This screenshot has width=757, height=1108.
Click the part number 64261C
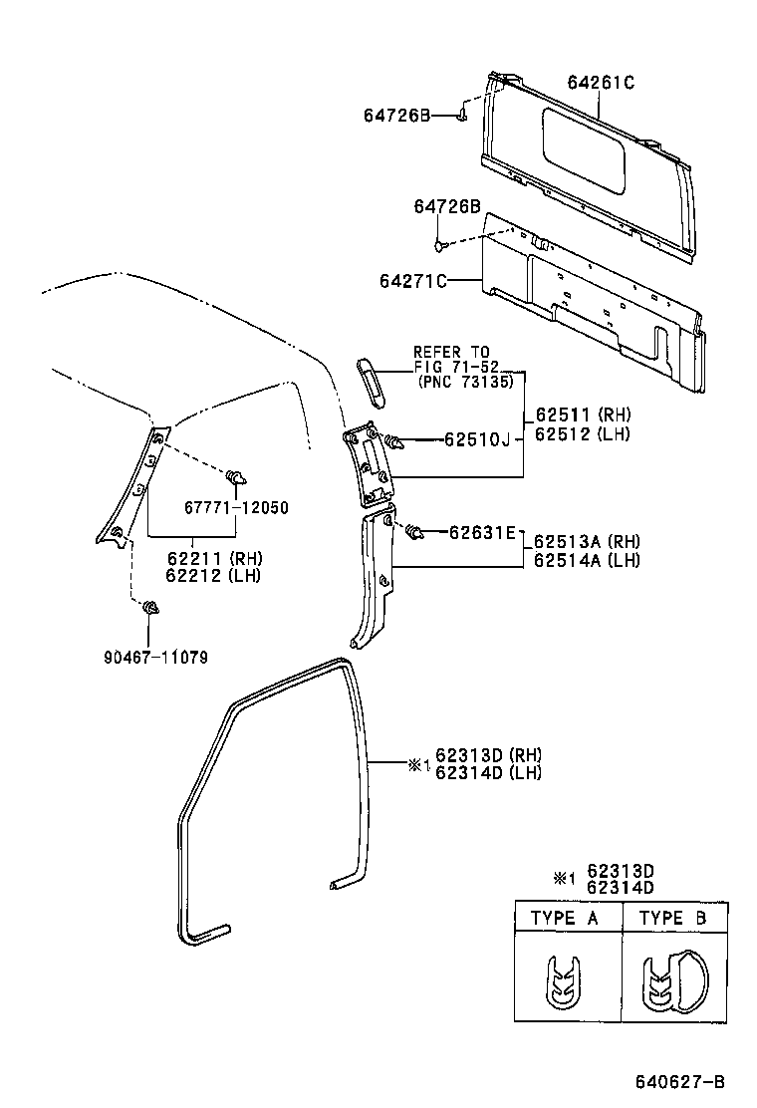coord(601,83)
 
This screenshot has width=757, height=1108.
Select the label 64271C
coord(411,282)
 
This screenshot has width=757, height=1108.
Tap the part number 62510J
coord(476,439)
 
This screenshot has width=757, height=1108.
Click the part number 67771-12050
coord(237,507)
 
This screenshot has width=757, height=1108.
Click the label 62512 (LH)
coord(583,433)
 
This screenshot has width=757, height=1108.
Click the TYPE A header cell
coord(564,918)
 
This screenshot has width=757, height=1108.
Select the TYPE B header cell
coord(672,918)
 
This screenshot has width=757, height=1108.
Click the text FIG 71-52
coord(451,366)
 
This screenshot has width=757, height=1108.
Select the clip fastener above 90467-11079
coord(150,608)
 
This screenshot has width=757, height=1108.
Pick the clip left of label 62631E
coord(413,533)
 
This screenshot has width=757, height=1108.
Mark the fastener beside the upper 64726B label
coord(462,117)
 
